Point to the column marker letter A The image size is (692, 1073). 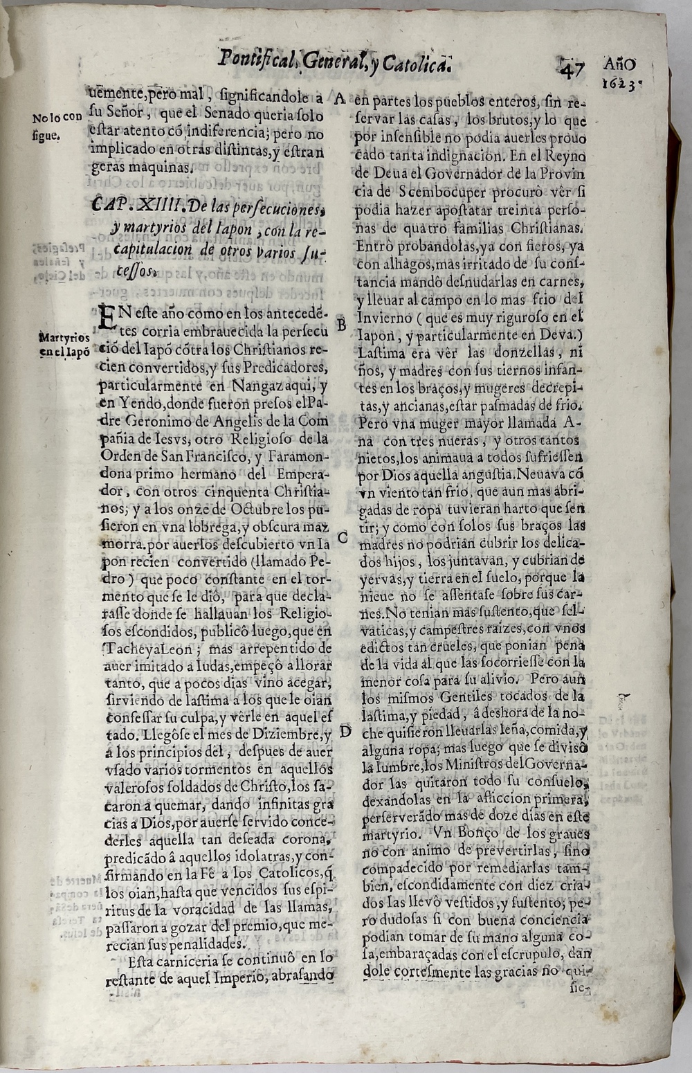click(339, 98)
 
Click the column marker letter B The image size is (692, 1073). click(340, 323)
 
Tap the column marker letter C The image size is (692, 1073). click(343, 536)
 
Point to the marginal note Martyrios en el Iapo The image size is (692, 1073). click(64, 344)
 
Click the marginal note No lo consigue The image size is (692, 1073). click(57, 126)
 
